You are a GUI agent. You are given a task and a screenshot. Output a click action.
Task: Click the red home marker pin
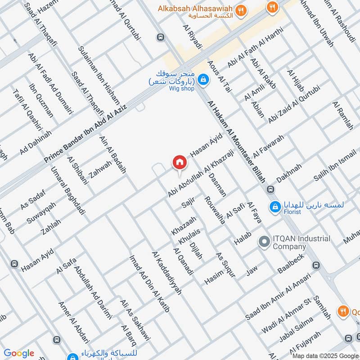(x=180, y=162)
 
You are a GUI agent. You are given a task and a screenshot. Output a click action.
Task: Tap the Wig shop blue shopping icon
(x=204, y=79)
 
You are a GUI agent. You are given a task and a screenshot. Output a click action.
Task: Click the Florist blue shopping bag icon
(x=274, y=207)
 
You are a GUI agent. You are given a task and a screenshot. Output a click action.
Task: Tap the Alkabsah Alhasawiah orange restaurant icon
(x=242, y=9)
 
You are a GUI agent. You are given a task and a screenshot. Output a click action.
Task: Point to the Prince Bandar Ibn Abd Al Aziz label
(x=86, y=134)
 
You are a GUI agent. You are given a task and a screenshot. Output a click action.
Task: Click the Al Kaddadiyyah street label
(x=167, y=273)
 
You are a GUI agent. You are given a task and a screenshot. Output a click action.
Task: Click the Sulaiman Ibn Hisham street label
(x=98, y=75)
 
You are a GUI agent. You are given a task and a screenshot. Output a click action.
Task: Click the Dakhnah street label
(x=289, y=173)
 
